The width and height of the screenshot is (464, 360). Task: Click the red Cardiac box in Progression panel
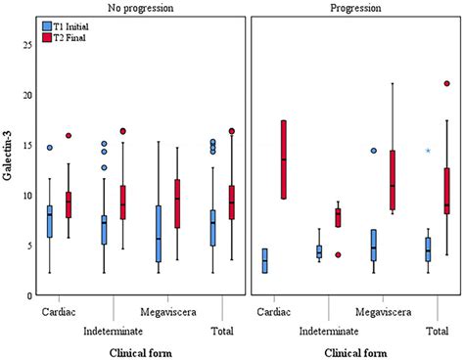click(284, 159)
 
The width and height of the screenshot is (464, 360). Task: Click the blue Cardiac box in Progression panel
click(264, 261)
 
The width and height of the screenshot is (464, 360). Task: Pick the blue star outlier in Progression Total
click(428, 151)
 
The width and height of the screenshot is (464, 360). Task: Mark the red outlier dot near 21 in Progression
click(447, 84)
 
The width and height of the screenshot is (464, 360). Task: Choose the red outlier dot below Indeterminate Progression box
click(338, 254)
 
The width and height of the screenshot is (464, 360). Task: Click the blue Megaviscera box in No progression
click(158, 234)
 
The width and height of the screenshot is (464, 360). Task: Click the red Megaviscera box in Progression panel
click(393, 180)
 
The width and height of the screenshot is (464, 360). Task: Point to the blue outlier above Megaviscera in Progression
click(373, 151)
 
